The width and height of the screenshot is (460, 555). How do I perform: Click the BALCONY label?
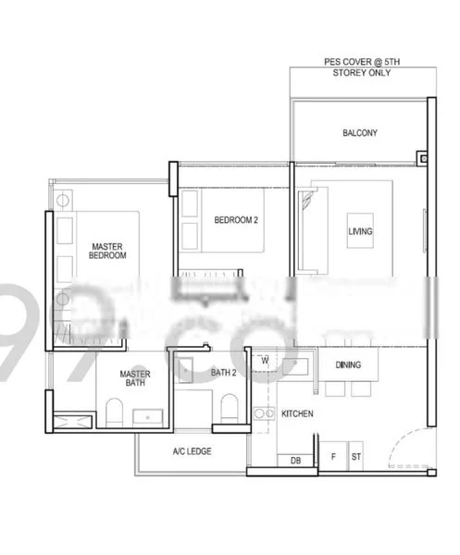click(x=359, y=133)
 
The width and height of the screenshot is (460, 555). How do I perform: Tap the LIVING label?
click(x=360, y=231)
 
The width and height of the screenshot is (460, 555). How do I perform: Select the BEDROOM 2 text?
click(x=235, y=220)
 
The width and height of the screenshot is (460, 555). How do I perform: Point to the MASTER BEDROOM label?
click(x=107, y=251)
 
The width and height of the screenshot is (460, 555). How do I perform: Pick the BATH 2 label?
click(x=224, y=373)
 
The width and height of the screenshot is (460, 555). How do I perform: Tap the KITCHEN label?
click(x=297, y=413)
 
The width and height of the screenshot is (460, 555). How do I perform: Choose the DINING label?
click(x=349, y=365)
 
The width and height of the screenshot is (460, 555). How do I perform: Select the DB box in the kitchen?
click(x=295, y=460)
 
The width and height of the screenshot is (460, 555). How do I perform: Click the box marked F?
click(x=333, y=457)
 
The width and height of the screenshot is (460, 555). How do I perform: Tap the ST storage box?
click(x=355, y=457)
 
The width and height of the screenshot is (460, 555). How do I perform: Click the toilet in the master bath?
click(x=113, y=413)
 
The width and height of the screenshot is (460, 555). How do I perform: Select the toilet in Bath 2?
click(x=228, y=408)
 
